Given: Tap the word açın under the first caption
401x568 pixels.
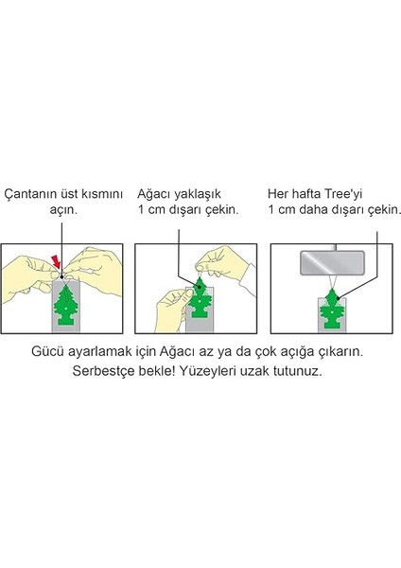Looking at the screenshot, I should (63, 210).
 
